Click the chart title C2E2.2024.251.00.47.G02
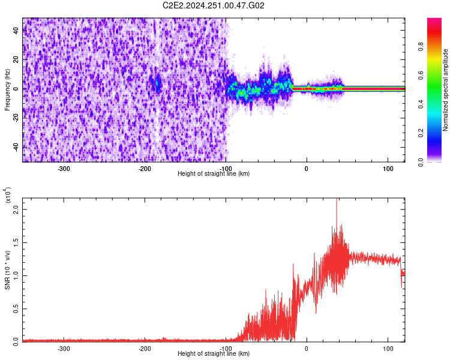click(x=214, y=5)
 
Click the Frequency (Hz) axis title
click(x=7, y=89)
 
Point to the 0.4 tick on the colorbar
click(x=439, y=104)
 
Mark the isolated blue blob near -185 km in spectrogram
click(x=158, y=84)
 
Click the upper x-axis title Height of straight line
click(x=214, y=173)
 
